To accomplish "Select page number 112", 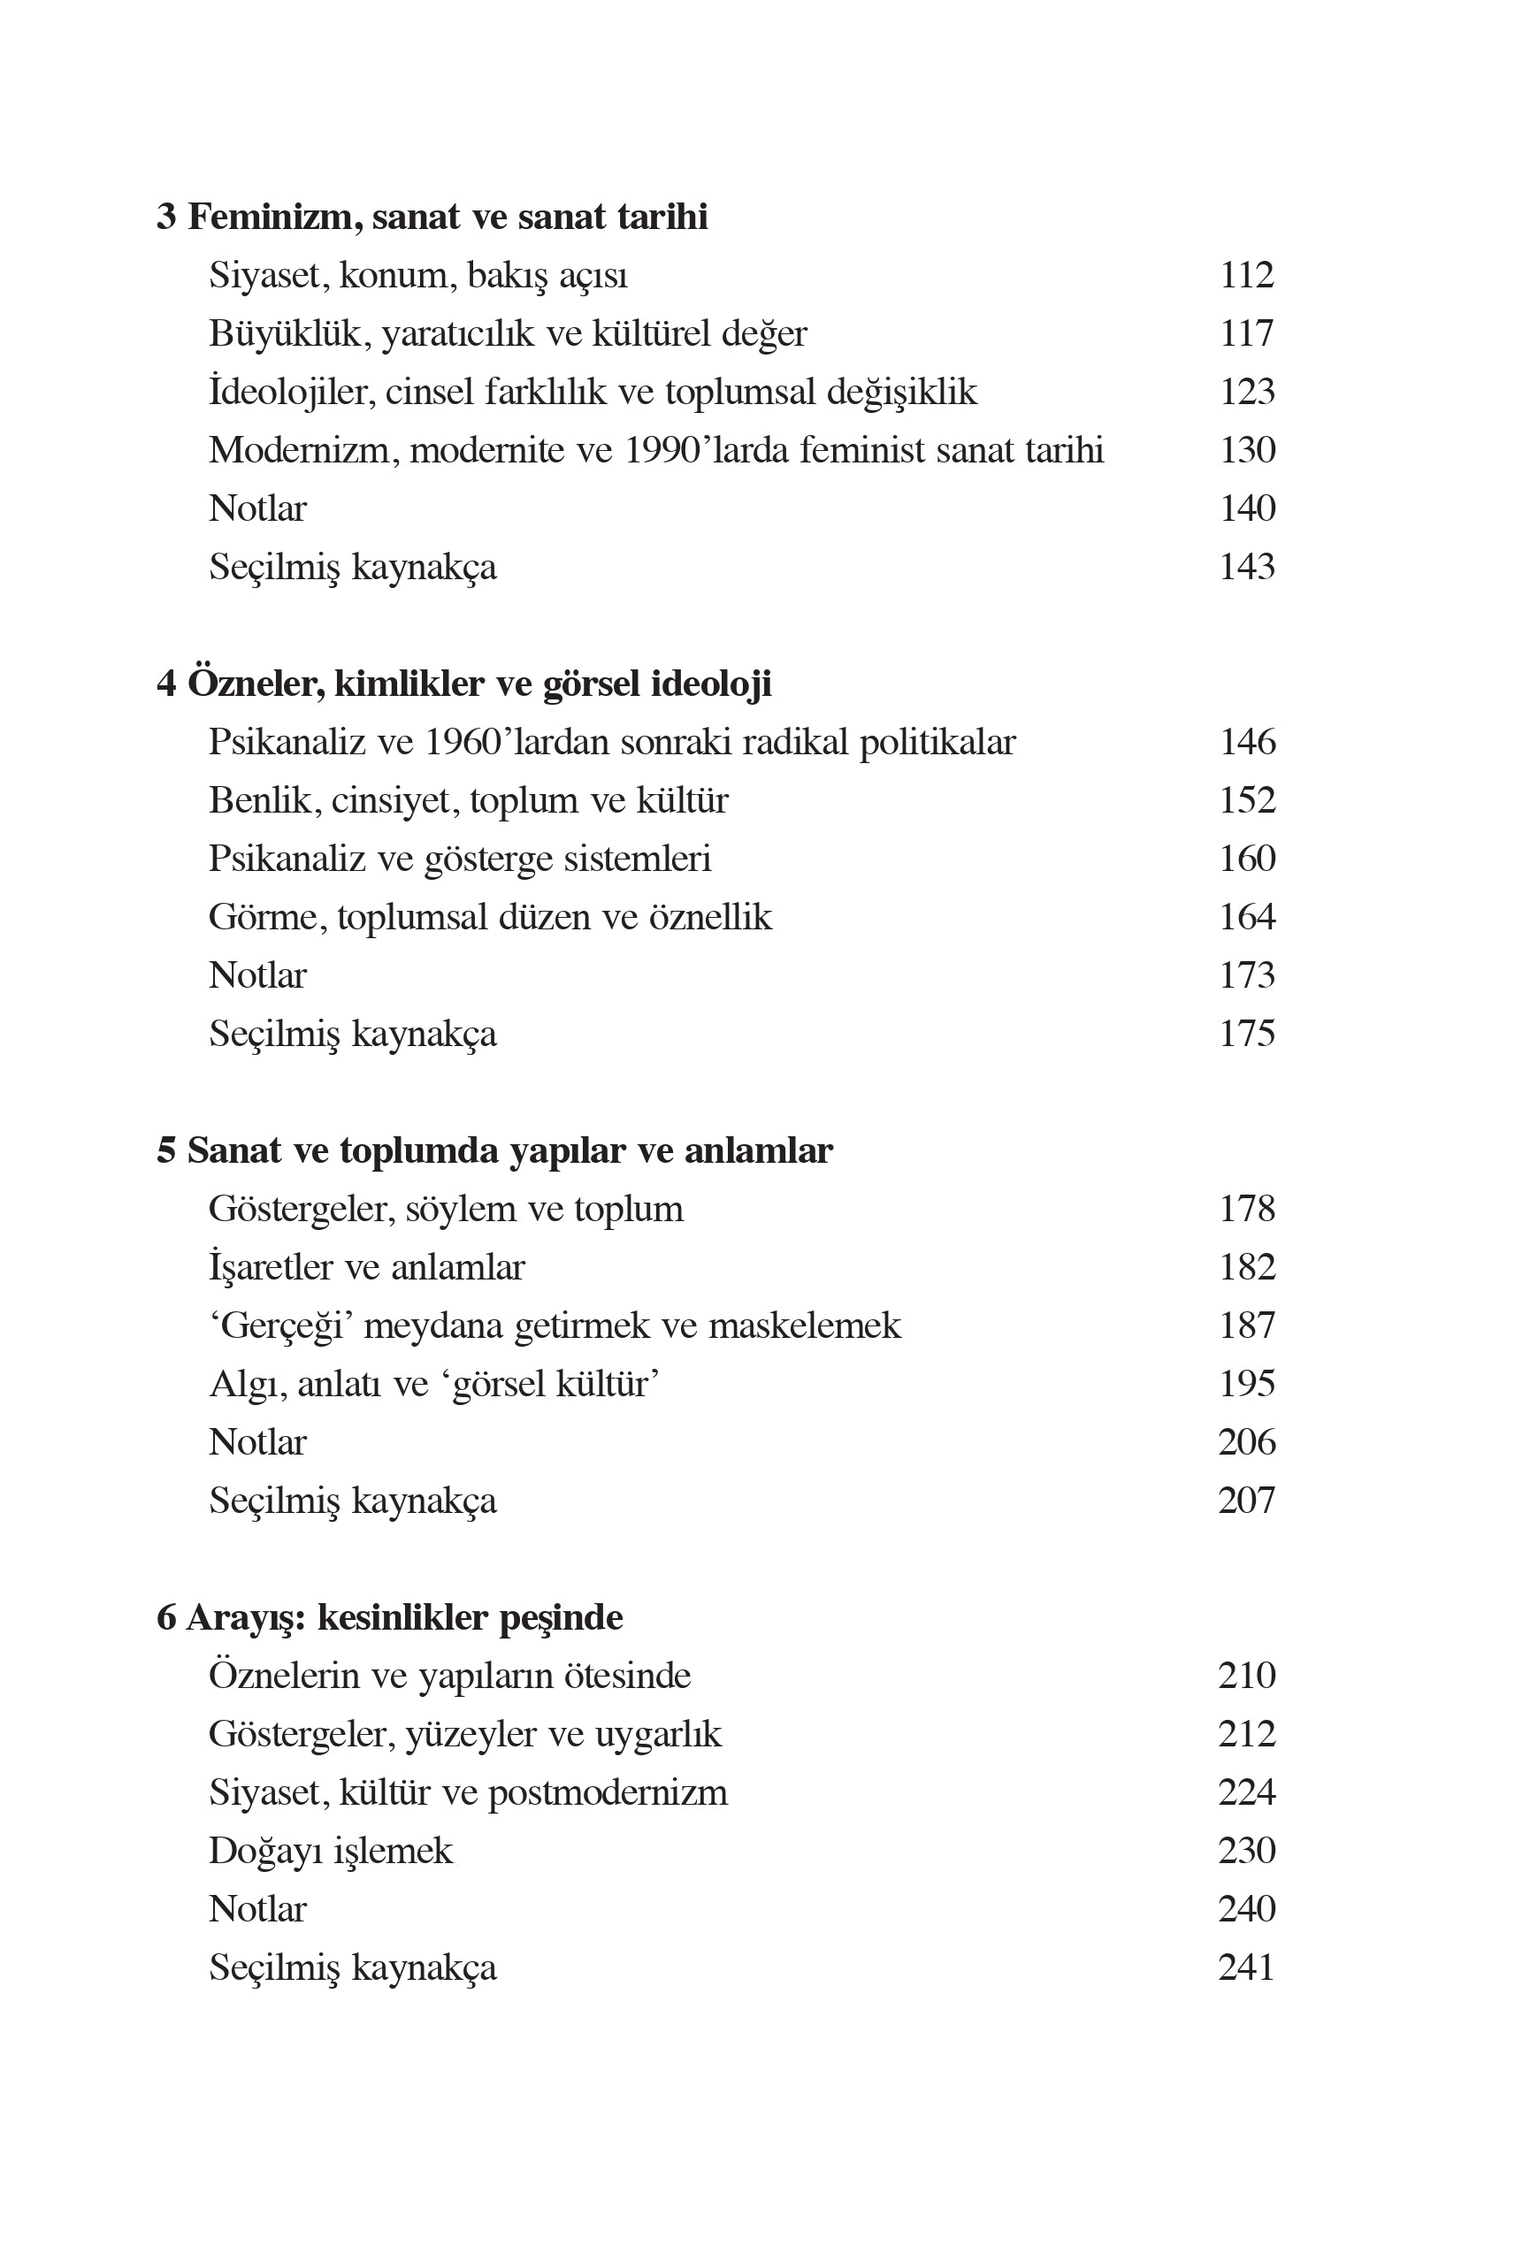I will [x=1246, y=276].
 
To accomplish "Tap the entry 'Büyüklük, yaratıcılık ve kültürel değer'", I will [x=508, y=334].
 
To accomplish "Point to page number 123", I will [x=1246, y=393].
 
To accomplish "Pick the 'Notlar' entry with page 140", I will [x=257, y=509].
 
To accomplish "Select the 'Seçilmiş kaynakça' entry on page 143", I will [x=353, y=567].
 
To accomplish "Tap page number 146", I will [x=1246, y=743].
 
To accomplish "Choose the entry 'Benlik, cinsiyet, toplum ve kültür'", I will [x=468, y=801].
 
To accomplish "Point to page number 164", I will [x=1246, y=918].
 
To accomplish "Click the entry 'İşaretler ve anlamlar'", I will [x=366, y=1267].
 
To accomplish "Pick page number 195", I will [x=1246, y=1385].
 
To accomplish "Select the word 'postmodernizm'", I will [x=608, y=1793].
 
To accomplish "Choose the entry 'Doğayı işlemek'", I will [x=331, y=1851].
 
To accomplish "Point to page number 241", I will [x=1246, y=1967].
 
